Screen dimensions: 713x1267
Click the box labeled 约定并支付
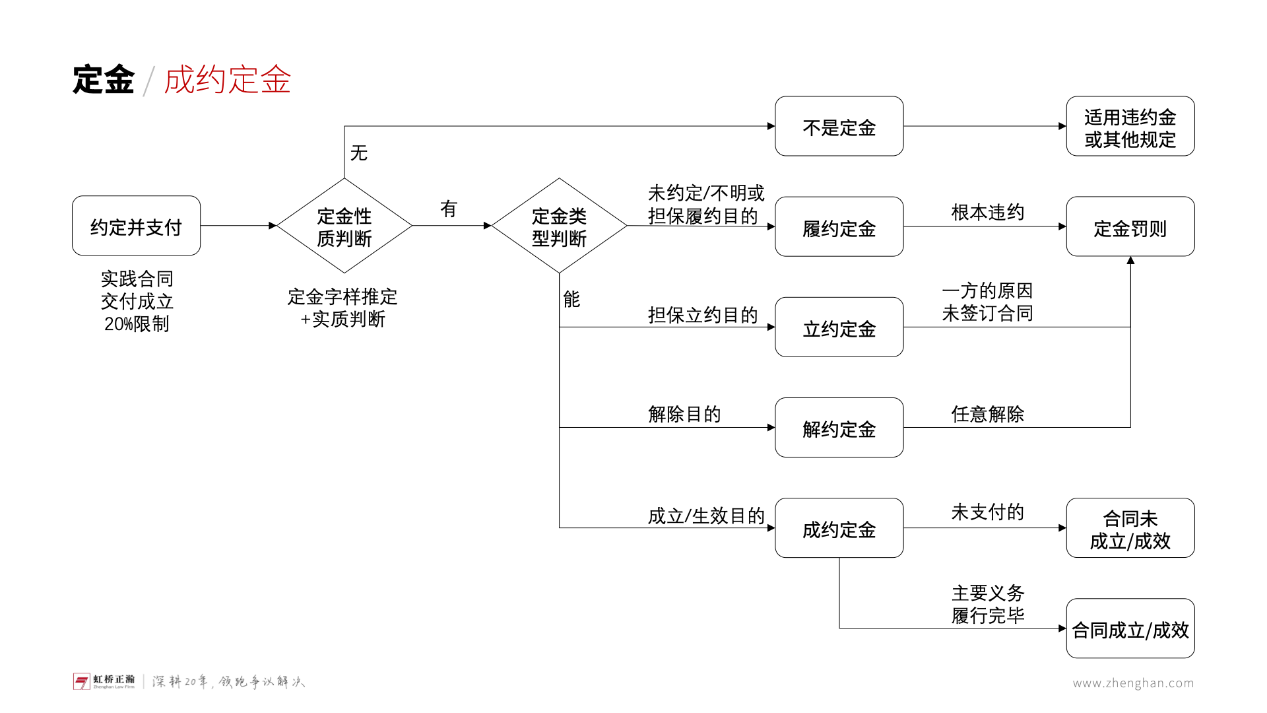(x=136, y=226)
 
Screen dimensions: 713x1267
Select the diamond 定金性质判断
(x=344, y=226)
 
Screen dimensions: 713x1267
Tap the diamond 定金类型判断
(x=559, y=226)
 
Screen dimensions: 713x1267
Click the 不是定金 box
(x=839, y=126)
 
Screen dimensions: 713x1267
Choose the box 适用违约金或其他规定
(x=1130, y=126)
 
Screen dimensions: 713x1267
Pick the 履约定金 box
(x=839, y=226)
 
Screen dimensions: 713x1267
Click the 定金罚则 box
(x=1130, y=226)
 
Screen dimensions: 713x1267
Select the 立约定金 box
(x=839, y=327)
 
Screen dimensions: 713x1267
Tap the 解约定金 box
(x=839, y=427)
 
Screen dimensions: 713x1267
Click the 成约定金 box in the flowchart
(x=839, y=527)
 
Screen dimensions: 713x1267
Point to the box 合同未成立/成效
(x=1130, y=527)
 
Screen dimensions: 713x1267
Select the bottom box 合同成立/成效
(x=1130, y=628)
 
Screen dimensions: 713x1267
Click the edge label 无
(x=359, y=153)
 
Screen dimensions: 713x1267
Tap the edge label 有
(x=449, y=209)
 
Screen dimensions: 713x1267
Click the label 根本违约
(x=987, y=212)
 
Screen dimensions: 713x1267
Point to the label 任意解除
(x=987, y=414)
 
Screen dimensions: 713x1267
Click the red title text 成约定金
(x=227, y=80)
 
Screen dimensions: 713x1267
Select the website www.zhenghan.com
(x=1133, y=683)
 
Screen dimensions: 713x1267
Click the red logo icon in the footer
(x=81, y=681)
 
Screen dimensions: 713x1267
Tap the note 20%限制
(x=137, y=323)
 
